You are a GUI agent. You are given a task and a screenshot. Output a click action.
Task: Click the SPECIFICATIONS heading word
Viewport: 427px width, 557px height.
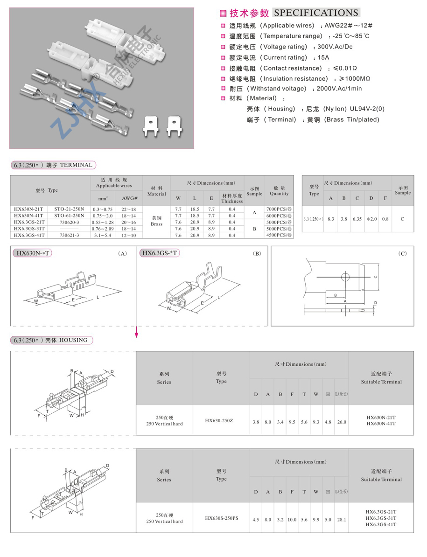click(x=316, y=13)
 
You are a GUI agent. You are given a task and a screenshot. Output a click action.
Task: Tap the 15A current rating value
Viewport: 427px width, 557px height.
click(x=323, y=57)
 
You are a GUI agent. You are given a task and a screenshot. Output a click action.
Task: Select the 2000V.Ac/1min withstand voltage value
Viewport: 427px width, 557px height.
click(x=338, y=89)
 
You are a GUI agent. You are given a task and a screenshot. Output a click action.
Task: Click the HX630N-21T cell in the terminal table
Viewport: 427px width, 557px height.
click(x=28, y=209)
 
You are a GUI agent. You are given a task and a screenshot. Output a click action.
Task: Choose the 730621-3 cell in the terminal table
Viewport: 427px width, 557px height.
click(x=69, y=236)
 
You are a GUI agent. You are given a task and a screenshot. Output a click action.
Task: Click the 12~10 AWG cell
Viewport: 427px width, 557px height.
click(x=129, y=236)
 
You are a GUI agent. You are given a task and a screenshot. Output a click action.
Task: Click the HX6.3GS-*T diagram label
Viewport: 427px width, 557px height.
click(x=159, y=253)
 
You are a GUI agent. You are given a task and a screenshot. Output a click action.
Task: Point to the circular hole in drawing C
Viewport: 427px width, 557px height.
click(x=345, y=278)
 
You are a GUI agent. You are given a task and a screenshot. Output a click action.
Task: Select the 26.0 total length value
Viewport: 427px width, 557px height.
click(x=342, y=422)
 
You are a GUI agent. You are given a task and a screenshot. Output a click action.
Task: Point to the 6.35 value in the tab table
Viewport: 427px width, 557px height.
click(x=357, y=218)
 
